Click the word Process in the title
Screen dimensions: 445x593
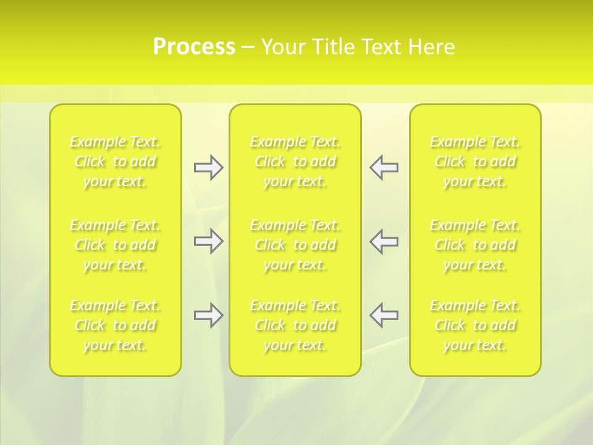pos(194,47)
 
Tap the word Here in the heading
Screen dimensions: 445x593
pos(431,47)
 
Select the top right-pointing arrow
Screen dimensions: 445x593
pos(208,167)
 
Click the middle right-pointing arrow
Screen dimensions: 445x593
pos(208,242)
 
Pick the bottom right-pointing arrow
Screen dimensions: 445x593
pos(208,315)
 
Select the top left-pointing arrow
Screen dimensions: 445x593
pos(384,167)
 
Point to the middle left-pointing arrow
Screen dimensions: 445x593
pos(384,242)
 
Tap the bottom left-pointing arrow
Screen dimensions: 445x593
pos(384,315)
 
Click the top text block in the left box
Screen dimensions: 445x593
pos(115,162)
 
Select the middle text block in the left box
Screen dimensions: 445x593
pos(115,245)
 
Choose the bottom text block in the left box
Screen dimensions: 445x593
pos(115,325)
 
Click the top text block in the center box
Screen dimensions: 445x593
pos(295,162)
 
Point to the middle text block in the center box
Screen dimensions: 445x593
pos(295,245)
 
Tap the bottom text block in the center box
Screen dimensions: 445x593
pos(295,325)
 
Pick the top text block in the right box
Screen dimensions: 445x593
pos(475,162)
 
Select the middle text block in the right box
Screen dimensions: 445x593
pos(475,245)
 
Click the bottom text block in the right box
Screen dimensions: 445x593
pos(475,325)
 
